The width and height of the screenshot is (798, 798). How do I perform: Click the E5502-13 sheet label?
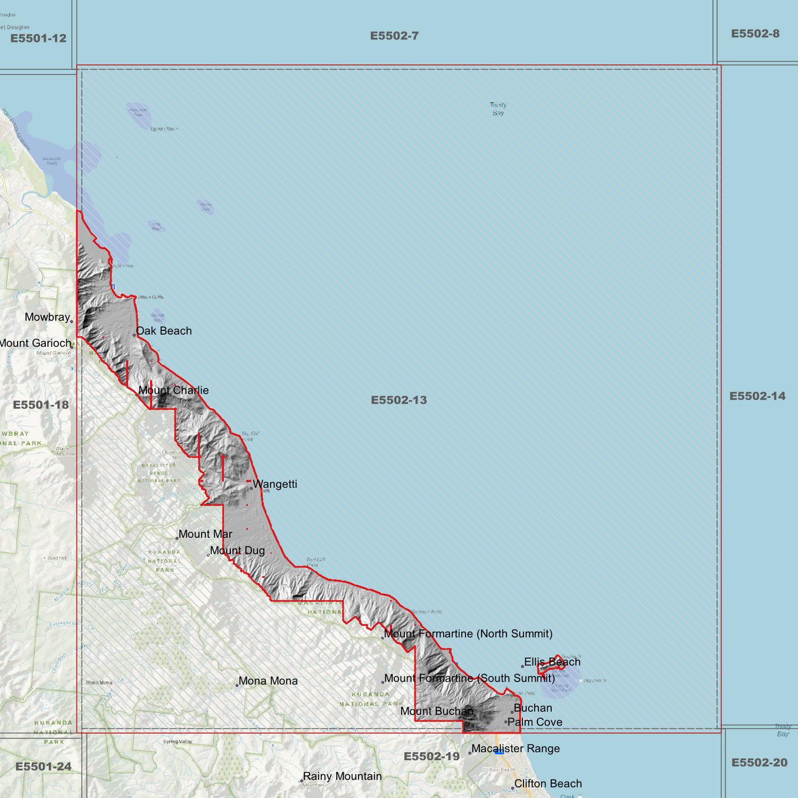(399, 400)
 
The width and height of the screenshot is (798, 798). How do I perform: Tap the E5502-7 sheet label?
(394, 36)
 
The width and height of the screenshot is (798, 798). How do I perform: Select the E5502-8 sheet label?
(755, 34)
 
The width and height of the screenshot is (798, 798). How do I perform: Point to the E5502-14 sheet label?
(757, 396)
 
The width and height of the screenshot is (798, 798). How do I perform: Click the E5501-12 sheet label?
(38, 38)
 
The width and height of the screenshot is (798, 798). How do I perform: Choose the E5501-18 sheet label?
(41, 405)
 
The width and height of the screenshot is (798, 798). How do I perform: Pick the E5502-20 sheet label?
(759, 763)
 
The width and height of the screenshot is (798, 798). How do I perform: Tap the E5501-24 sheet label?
(44, 767)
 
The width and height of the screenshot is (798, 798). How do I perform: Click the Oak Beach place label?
(164, 331)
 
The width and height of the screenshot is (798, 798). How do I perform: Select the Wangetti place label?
(275, 484)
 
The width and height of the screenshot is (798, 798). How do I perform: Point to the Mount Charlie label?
(173, 390)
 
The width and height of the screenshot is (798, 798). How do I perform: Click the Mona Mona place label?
(268, 681)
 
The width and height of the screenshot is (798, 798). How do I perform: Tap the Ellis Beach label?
(552, 662)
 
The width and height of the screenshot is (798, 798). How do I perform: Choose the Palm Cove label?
(535, 722)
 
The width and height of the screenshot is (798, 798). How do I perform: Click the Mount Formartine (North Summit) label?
(468, 633)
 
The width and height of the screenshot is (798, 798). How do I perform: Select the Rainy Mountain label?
(342, 776)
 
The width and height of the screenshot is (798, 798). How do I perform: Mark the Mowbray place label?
(47, 317)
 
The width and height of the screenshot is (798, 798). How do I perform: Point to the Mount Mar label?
(205, 534)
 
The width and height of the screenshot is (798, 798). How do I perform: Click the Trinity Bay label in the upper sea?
(498, 109)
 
